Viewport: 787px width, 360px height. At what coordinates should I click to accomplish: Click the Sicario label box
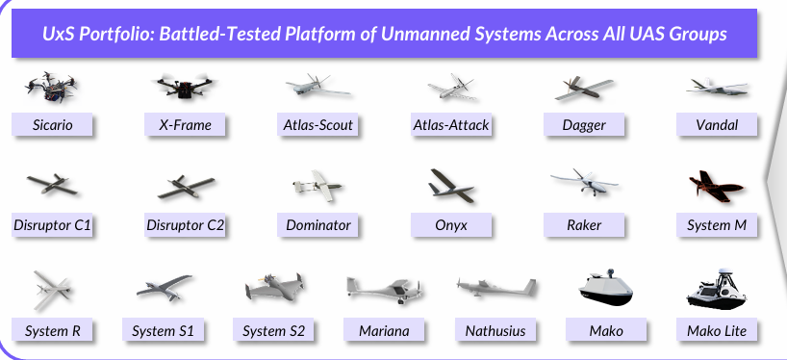click(52, 124)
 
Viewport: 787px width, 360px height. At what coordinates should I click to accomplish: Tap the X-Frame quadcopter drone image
click(185, 87)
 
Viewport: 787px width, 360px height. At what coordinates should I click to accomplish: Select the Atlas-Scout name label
click(317, 124)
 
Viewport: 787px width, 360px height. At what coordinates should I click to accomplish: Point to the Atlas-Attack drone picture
click(451, 87)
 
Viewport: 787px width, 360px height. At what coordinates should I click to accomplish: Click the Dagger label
click(584, 124)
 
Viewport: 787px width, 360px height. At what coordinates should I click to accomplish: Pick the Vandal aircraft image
click(717, 88)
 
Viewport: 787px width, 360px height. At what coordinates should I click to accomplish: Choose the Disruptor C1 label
click(52, 224)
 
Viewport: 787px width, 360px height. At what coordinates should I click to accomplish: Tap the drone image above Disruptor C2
click(186, 187)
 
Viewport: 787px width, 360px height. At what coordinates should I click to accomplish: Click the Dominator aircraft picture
click(317, 186)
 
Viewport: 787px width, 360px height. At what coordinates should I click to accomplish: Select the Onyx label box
click(451, 224)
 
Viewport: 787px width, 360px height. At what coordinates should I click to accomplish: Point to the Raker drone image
click(584, 183)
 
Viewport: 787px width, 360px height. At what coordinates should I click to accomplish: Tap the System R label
click(52, 330)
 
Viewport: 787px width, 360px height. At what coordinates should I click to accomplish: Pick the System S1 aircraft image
click(165, 287)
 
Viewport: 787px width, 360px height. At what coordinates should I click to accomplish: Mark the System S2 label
click(273, 330)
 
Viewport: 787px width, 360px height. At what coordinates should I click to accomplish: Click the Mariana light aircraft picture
click(384, 289)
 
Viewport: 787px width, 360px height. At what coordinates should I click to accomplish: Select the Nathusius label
click(495, 330)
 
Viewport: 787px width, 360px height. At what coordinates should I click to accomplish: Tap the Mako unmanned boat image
click(605, 287)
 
